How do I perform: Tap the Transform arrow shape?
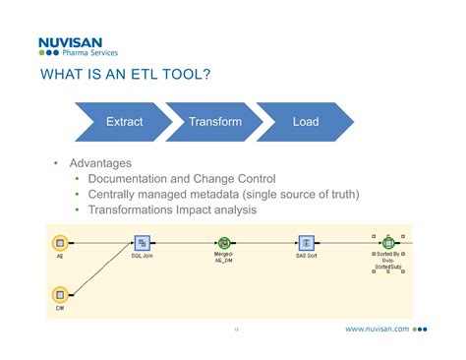click(x=215, y=122)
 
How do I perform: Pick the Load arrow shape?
click(x=306, y=122)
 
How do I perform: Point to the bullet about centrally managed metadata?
click(x=222, y=194)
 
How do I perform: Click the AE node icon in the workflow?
click(x=59, y=242)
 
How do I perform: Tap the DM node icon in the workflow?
click(x=59, y=293)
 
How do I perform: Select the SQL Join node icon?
click(x=142, y=242)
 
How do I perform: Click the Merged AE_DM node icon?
click(x=224, y=242)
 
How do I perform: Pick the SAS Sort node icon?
click(x=306, y=242)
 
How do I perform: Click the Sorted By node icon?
click(x=388, y=242)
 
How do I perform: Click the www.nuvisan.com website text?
click(x=378, y=330)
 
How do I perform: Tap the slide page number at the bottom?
click(x=236, y=330)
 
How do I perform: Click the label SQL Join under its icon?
click(x=142, y=256)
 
